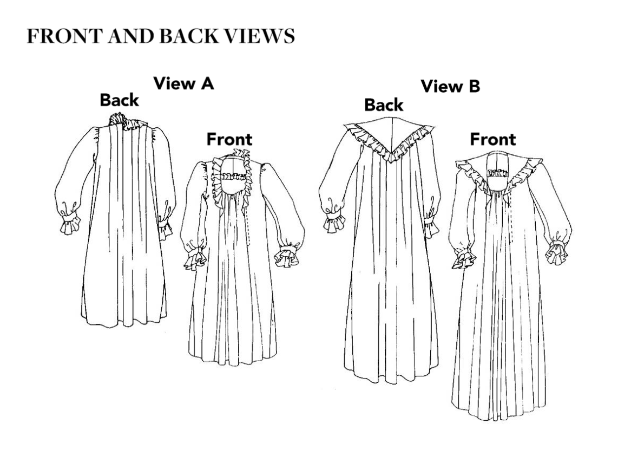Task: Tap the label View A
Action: click(183, 83)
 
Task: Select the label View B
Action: click(450, 86)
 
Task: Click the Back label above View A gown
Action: click(119, 100)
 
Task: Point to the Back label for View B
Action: click(384, 105)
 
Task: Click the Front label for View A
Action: click(229, 139)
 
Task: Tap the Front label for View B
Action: click(493, 139)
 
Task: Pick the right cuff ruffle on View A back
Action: click(165, 229)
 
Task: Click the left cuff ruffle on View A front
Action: click(195, 258)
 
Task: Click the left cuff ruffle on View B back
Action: click(335, 223)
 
